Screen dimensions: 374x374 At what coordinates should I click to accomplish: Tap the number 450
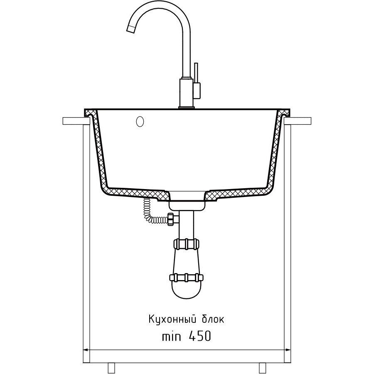tap(200, 337)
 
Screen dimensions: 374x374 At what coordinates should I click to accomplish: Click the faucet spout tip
tap(130, 29)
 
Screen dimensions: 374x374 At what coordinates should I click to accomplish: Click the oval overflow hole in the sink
tap(140, 121)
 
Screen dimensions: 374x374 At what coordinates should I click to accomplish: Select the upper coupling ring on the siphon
tap(187, 244)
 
